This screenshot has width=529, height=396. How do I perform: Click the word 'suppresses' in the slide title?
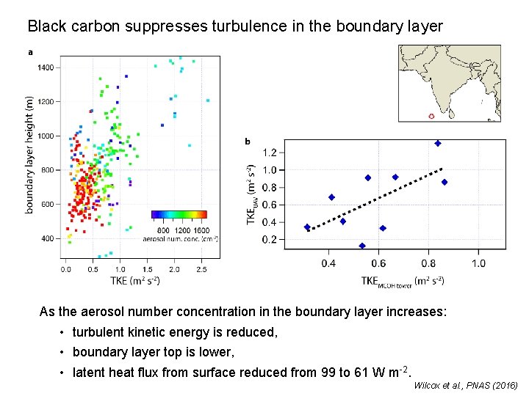click(x=161, y=26)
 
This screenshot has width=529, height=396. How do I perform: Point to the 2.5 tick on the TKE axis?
click(x=202, y=269)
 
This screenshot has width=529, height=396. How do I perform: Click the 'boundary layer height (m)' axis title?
click(x=29, y=155)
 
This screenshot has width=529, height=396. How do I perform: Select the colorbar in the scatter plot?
click(x=179, y=215)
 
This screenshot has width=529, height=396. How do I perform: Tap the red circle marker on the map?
click(x=431, y=116)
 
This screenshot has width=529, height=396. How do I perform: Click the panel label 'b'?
click(x=247, y=142)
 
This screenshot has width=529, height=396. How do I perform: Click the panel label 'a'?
click(x=30, y=52)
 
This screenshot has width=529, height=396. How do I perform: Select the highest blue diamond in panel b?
click(x=437, y=144)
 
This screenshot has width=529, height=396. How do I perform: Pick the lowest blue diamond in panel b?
click(x=362, y=246)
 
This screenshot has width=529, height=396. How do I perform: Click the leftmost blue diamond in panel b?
click(x=307, y=227)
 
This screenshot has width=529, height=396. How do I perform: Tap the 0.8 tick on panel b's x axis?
click(x=428, y=263)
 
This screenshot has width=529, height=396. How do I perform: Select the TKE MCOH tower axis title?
click(x=402, y=280)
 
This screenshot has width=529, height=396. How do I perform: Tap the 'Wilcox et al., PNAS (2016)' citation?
click(x=465, y=386)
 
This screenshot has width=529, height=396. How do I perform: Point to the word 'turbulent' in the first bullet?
click(x=99, y=332)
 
